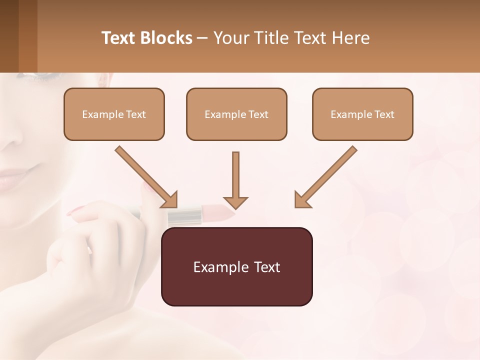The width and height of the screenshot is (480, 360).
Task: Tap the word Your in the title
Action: [232, 38]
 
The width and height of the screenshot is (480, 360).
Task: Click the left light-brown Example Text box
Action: [114, 114]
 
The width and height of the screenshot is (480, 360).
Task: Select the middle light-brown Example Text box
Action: [236, 114]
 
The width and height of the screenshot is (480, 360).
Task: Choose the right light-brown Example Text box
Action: [362, 114]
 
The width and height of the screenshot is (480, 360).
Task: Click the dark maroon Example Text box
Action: [236, 266]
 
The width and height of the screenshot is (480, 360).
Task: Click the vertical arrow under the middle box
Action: [235, 180]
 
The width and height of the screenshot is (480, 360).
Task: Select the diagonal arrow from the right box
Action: [325, 177]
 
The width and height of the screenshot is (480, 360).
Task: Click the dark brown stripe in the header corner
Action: [9, 36]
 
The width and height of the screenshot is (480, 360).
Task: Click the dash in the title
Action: [202, 38]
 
